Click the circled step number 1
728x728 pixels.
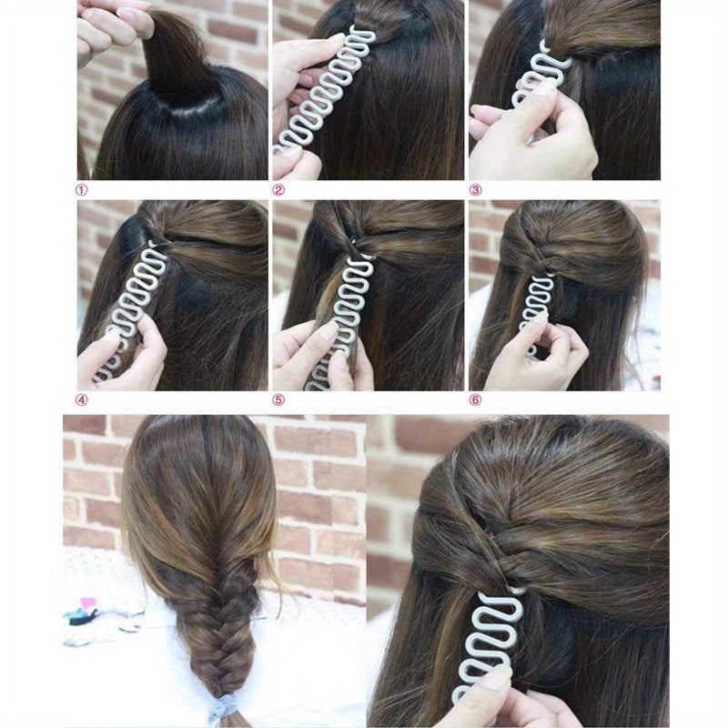[x=82, y=191]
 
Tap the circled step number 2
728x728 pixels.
[x=278, y=191]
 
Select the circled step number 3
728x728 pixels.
[x=475, y=191]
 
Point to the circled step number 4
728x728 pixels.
[x=82, y=399]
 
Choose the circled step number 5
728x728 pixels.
[x=278, y=399]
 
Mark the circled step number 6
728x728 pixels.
[x=475, y=399]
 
